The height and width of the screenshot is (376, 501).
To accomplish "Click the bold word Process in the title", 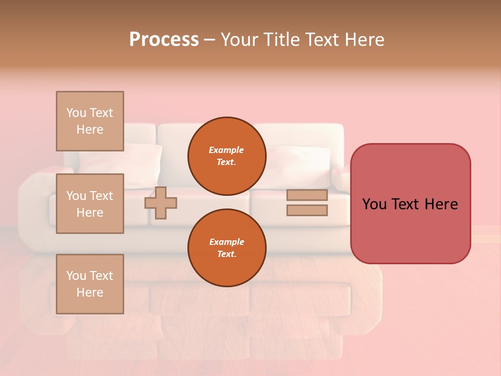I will pos(164,40).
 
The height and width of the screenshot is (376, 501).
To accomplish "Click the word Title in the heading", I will pos(280,40).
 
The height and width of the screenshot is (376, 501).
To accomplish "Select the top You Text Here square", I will pos(90,121).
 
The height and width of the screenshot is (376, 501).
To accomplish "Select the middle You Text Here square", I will pos(90,204).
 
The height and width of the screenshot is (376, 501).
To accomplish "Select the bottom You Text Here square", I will pos(90,284).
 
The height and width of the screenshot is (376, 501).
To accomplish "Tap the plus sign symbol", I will pos(161,203).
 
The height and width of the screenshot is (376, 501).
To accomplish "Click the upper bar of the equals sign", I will pos(307,195).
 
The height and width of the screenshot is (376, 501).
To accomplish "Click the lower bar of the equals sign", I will pos(307,210).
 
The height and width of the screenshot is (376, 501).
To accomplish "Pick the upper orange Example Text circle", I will pos(226,156).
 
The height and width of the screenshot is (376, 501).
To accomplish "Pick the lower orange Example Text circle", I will pos(226,248).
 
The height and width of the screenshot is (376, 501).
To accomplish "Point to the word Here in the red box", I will pos(441,204).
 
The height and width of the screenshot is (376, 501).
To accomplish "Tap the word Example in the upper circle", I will pos(226,150).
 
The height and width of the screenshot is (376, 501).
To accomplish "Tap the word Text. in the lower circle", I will pos(226,254).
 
